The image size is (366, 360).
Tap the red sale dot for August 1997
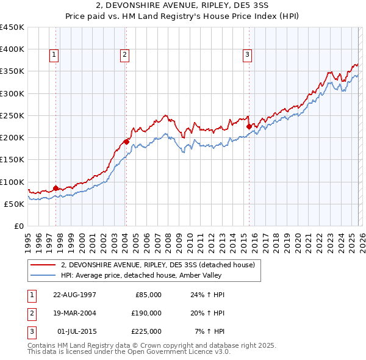coord(56,188)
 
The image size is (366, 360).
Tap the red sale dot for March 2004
coord(126,142)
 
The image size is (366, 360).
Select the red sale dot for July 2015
coord(249,126)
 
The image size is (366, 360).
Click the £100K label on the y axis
coord(12,182)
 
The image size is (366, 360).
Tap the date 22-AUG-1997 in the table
coord(74,295)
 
